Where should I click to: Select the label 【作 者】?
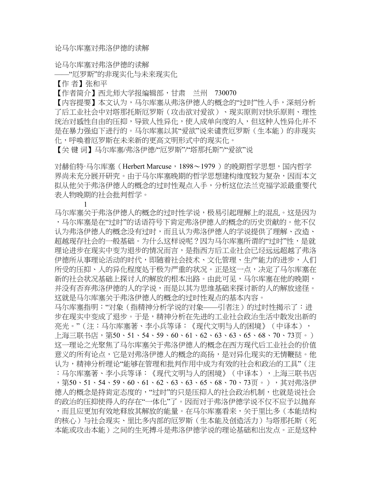pos(70,83)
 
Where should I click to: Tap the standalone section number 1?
pos(85,204)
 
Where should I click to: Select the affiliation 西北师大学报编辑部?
pos(131,92)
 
